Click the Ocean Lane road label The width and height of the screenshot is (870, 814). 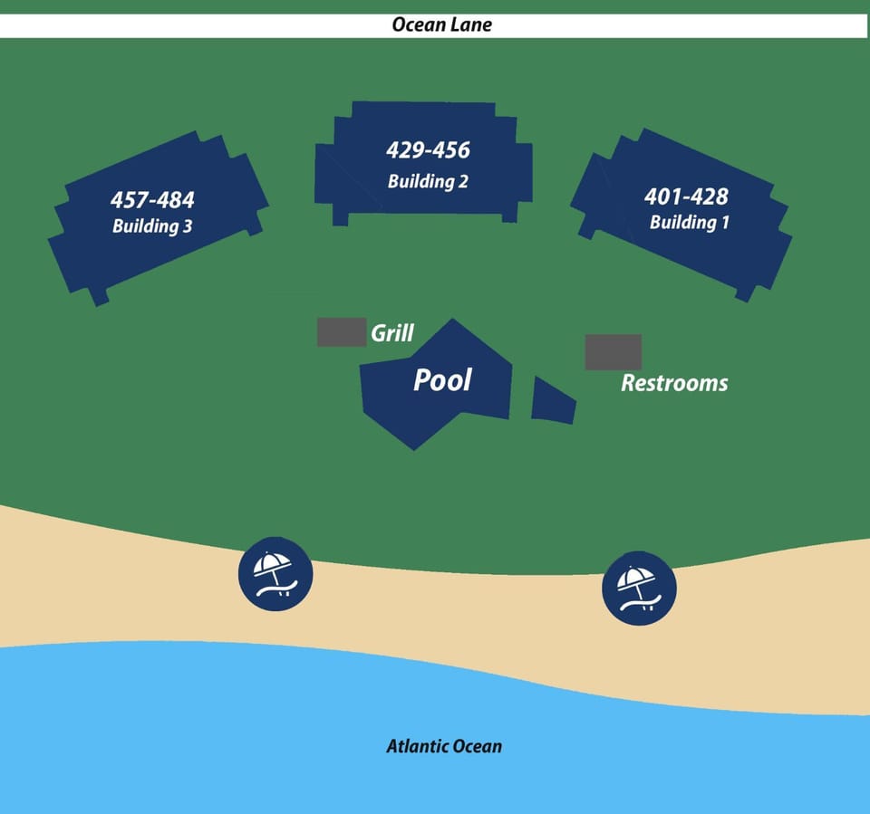pyautogui.click(x=441, y=25)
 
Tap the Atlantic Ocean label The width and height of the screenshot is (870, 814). pyautogui.click(x=444, y=746)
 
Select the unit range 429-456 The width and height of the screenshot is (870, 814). pyautogui.click(x=429, y=150)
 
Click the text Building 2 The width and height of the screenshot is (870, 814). pyautogui.click(x=428, y=181)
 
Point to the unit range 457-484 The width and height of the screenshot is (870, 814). pyautogui.click(x=152, y=200)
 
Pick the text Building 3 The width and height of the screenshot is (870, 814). pyautogui.click(x=152, y=226)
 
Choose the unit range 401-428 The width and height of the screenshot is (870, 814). pyautogui.click(x=686, y=196)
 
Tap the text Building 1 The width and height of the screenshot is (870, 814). pyautogui.click(x=689, y=223)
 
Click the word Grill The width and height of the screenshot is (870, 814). pyautogui.click(x=392, y=332)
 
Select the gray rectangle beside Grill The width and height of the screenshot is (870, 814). pyautogui.click(x=342, y=332)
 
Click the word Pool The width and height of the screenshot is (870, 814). pyautogui.click(x=442, y=379)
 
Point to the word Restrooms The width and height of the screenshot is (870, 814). pyautogui.click(x=674, y=383)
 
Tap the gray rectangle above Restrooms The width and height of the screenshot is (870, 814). pyautogui.click(x=614, y=352)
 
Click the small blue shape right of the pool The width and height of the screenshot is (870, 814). pyautogui.click(x=553, y=400)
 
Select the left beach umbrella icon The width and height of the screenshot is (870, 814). pyautogui.click(x=275, y=574)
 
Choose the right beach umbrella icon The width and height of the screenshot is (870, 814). pyautogui.click(x=639, y=589)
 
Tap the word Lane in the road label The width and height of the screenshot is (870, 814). pyautogui.click(x=473, y=25)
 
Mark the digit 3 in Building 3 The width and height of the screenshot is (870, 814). pyautogui.click(x=188, y=226)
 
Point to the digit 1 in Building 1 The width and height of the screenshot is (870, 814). pyautogui.click(x=725, y=223)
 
